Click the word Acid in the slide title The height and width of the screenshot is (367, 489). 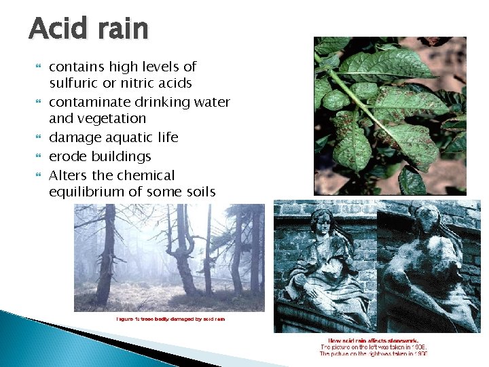pos(57,29)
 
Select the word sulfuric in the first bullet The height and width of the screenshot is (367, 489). pos(73,84)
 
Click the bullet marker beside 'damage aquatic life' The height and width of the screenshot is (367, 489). pos(38,138)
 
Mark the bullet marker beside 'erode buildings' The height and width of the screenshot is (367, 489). pos(38,156)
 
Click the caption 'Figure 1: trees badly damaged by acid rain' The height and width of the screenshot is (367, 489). pos(170,319)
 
